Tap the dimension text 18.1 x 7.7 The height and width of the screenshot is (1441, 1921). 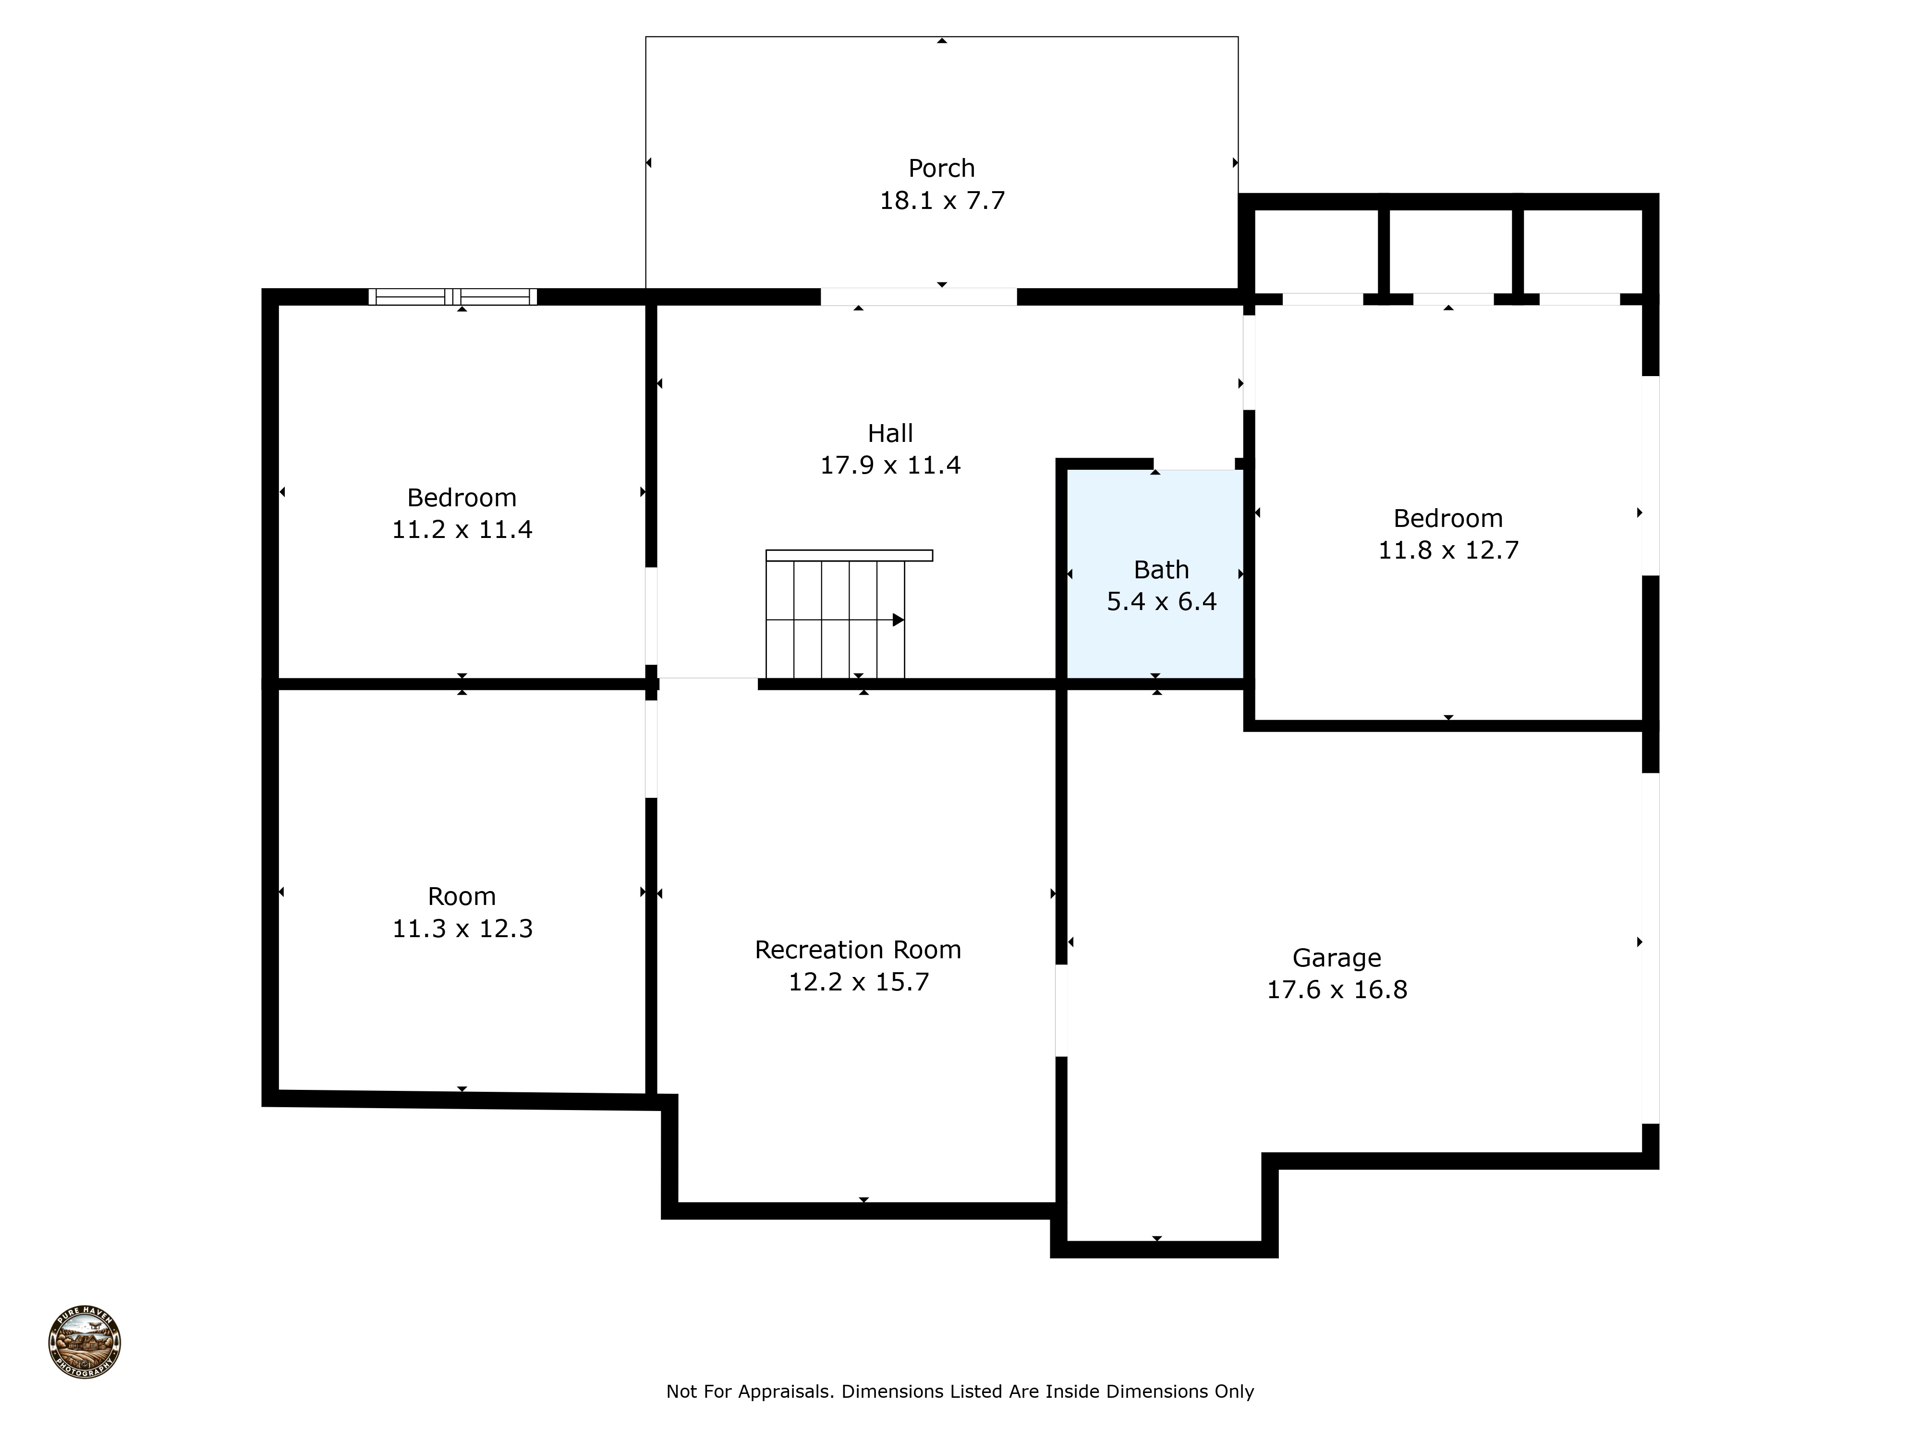(941, 201)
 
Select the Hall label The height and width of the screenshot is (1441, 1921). (890, 433)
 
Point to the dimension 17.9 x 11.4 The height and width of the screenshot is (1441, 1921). (890, 465)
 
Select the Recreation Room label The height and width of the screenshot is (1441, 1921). (857, 949)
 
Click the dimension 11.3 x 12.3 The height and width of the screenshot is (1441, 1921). (462, 928)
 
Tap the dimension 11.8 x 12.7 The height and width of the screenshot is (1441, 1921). (1447, 550)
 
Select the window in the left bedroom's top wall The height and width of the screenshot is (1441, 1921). (452, 297)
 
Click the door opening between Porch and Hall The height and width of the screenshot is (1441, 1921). (918, 297)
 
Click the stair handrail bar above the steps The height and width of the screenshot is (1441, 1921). (849, 555)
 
